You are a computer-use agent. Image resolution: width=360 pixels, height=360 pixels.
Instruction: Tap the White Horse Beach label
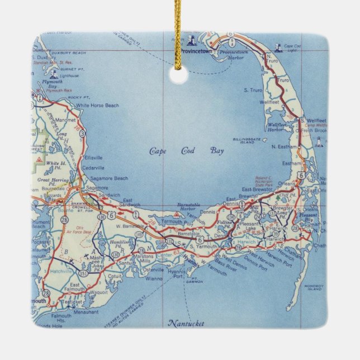point(98,105)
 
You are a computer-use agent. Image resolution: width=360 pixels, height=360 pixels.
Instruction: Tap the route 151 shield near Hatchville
point(84,273)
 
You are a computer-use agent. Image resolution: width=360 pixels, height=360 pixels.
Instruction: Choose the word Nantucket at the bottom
point(186,323)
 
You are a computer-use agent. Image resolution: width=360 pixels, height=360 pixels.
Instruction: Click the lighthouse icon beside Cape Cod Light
point(278,48)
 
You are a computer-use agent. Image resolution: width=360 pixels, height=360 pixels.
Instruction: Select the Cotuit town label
point(115,276)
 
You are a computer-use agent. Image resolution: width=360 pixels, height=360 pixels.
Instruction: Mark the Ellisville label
point(93,158)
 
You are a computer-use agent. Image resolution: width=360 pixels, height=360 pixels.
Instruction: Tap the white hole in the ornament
point(179,75)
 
